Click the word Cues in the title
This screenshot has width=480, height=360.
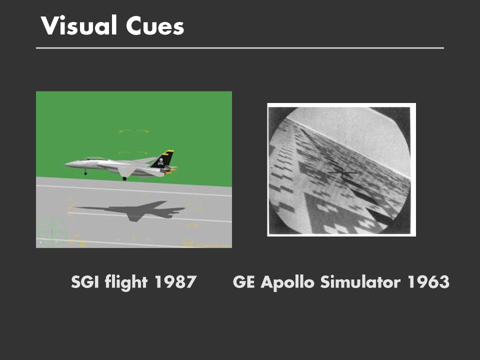tap(155, 26)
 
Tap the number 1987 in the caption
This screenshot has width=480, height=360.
tap(175, 281)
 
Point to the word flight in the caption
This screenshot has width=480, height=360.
tap(126, 281)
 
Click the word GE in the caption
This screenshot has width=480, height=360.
tap(243, 281)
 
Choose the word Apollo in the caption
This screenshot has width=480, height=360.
tap(287, 282)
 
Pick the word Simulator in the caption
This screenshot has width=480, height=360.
tap(360, 281)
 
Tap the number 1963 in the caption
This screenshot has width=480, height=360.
tap(428, 281)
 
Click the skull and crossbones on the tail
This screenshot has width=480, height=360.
tap(160, 161)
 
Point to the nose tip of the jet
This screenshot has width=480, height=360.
tap(65, 164)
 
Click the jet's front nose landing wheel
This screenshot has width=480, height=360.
tap(85, 173)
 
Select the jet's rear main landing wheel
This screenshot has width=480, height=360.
tap(124, 178)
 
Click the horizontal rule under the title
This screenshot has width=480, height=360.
tap(240, 48)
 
